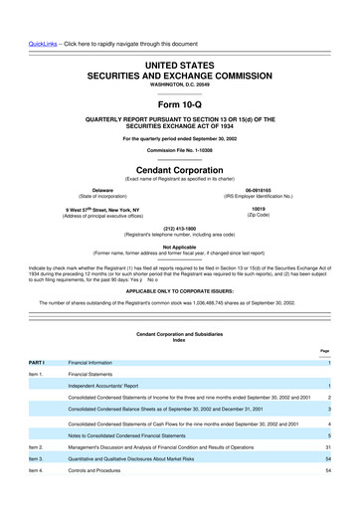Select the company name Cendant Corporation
pos(179,169)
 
